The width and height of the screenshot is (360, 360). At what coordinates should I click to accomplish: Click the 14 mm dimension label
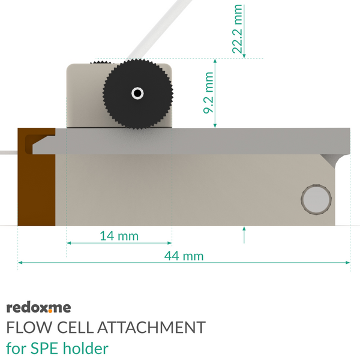119,236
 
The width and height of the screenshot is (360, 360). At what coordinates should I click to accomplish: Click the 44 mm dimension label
184,256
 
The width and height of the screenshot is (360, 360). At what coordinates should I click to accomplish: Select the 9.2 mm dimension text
208,93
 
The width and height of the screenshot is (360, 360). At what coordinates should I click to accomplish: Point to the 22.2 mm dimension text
237,29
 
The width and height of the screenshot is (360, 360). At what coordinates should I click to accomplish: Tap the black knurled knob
138,94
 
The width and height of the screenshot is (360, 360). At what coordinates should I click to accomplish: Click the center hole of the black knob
137,94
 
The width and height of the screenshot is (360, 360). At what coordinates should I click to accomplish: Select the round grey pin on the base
316,199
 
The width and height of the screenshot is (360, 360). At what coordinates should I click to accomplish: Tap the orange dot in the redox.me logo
50,311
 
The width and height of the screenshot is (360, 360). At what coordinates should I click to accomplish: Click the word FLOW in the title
29,327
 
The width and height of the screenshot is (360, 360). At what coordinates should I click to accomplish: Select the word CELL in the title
76,327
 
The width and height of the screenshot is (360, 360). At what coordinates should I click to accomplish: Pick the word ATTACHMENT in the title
152,327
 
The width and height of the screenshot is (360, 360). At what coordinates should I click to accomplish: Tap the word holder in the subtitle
86,348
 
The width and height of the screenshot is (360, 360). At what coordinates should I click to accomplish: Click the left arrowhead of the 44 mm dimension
20,262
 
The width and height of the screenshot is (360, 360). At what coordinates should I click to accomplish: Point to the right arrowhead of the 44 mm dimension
348,262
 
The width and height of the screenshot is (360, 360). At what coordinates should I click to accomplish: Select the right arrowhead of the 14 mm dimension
170,243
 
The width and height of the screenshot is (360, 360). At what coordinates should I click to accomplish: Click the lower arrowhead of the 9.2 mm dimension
215,125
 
